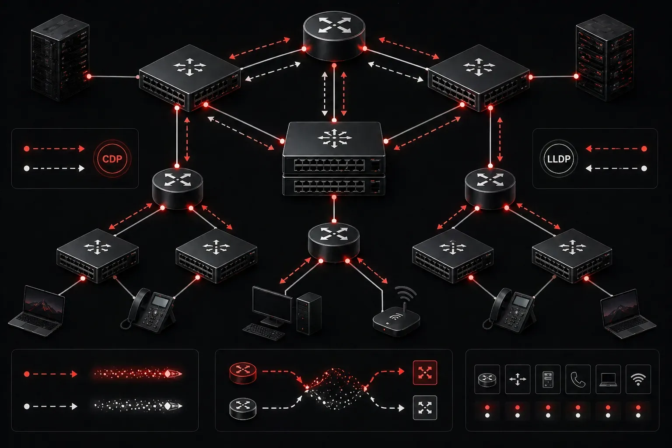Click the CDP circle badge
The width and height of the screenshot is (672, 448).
pyautogui.click(x=112, y=158)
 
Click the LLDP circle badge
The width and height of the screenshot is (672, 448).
pyautogui.click(x=559, y=158)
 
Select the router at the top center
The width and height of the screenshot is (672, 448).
pyautogui.click(x=334, y=35)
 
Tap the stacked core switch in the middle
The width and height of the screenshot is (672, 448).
pyautogui.click(x=334, y=158)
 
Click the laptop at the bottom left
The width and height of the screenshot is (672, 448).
pyautogui.click(x=37, y=311)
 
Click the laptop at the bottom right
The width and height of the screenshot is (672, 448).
pyautogui.click(x=628, y=314)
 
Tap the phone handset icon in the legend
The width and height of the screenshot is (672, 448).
pyautogui.click(x=578, y=379)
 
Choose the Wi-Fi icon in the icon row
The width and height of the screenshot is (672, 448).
pyautogui.click(x=638, y=379)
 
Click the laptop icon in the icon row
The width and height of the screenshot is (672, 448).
pyautogui.click(x=608, y=379)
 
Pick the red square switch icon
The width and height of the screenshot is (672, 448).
pyautogui.click(x=425, y=372)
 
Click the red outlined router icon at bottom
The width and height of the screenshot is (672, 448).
pyautogui.click(x=243, y=373)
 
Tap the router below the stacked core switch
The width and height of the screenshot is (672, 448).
pyautogui.click(x=334, y=242)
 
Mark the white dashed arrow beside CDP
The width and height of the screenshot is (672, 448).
pyautogui.click(x=54, y=168)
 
